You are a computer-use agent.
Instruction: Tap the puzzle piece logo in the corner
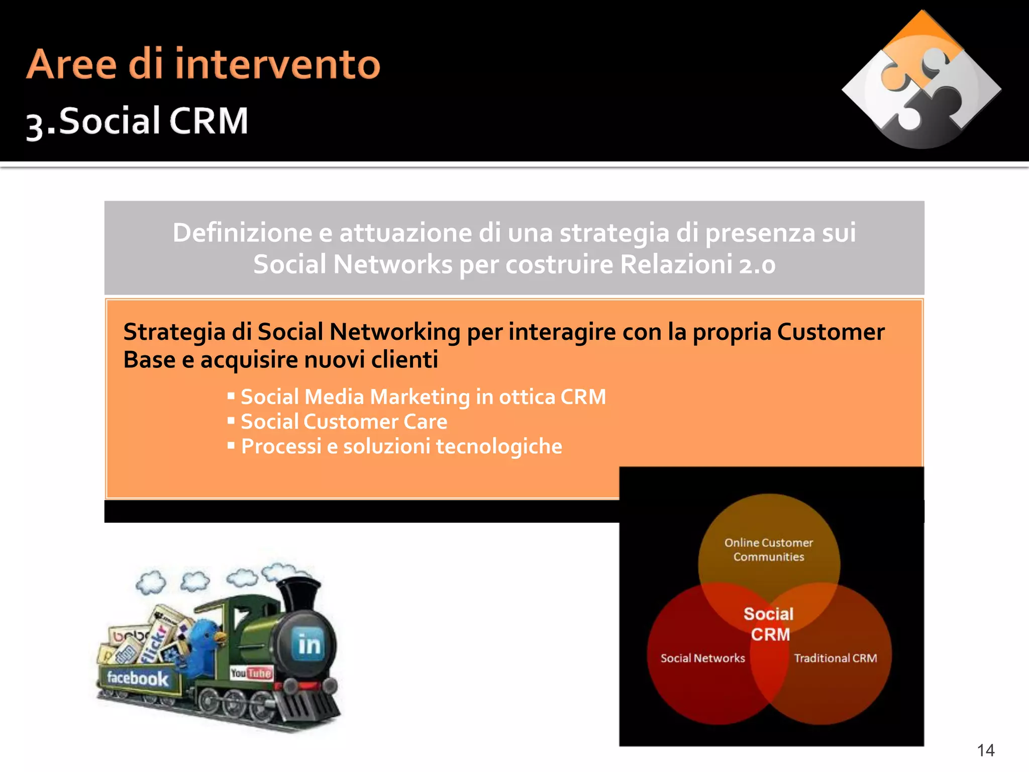(x=921, y=80)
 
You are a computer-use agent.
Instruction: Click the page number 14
(x=985, y=750)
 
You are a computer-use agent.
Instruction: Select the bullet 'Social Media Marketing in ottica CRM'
(x=423, y=397)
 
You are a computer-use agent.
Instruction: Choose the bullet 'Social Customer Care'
(x=344, y=421)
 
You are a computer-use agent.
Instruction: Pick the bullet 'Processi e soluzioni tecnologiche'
(x=401, y=446)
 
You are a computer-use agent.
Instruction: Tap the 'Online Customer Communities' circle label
(x=768, y=549)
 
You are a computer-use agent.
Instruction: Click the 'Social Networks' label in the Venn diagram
(x=702, y=658)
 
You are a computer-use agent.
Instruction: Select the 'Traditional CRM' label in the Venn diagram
(x=835, y=658)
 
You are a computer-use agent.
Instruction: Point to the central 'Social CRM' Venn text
(x=769, y=624)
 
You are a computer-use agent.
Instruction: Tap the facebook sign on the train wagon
(x=137, y=679)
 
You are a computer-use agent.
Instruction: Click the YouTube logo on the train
(x=251, y=673)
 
